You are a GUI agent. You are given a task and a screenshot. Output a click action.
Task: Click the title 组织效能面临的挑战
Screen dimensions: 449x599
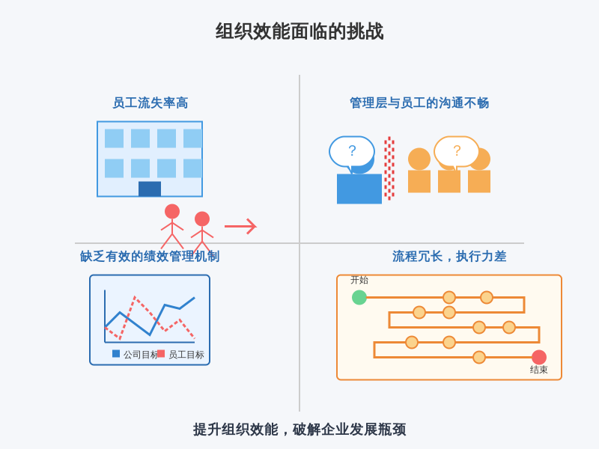click(299, 31)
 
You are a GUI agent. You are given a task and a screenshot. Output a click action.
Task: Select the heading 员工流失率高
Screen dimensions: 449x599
click(150, 103)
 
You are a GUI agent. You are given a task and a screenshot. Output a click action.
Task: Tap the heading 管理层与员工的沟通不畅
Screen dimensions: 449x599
click(419, 103)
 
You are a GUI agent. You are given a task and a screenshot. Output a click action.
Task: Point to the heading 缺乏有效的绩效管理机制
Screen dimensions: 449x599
click(150, 257)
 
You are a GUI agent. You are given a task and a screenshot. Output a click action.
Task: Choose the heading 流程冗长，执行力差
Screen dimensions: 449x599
click(449, 257)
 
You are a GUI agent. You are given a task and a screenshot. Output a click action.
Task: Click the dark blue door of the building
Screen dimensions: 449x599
click(150, 189)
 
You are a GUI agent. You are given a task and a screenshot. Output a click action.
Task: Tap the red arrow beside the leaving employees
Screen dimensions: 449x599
click(240, 226)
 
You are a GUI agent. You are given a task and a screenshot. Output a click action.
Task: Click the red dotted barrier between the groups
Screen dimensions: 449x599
click(389, 168)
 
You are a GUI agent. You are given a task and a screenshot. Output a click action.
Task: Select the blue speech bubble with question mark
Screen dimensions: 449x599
click(352, 151)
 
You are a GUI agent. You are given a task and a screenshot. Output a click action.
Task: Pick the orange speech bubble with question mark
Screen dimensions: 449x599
click(457, 151)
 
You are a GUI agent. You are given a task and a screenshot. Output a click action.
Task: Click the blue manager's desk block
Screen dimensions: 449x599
click(359, 189)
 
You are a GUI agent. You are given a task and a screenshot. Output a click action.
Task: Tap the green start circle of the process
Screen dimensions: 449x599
click(359, 297)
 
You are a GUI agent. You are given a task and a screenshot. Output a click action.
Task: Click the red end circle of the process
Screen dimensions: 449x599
click(539, 357)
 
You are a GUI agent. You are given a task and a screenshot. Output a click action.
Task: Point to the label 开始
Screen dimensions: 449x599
click(359, 280)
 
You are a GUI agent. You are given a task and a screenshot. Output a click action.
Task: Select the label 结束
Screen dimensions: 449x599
click(539, 370)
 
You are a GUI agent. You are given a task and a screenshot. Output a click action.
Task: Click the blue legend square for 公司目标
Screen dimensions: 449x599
click(116, 354)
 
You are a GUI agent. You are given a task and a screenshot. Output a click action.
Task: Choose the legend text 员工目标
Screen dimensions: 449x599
click(186, 355)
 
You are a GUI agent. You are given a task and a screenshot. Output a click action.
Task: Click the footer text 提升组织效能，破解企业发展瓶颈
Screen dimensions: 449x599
click(299, 430)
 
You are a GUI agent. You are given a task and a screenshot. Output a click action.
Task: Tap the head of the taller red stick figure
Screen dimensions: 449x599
click(172, 211)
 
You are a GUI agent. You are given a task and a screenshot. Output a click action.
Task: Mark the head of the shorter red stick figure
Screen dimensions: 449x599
click(202, 219)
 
